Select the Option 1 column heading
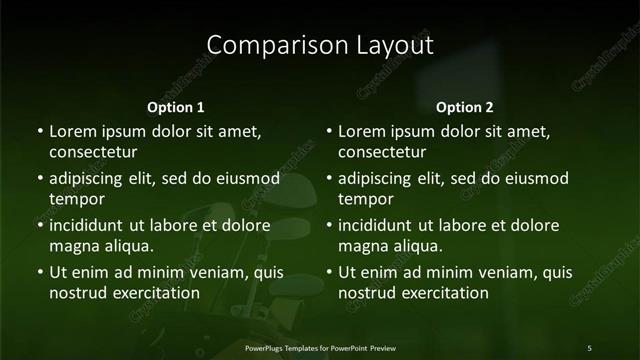[x=176, y=107]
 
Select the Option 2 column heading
[x=465, y=107]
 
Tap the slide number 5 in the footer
[x=589, y=347]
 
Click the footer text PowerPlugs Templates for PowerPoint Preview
[x=320, y=347]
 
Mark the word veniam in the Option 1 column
[x=211, y=272]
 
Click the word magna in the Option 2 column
[x=363, y=245]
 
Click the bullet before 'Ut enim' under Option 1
[x=39, y=272]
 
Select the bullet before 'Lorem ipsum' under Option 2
[x=329, y=131]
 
